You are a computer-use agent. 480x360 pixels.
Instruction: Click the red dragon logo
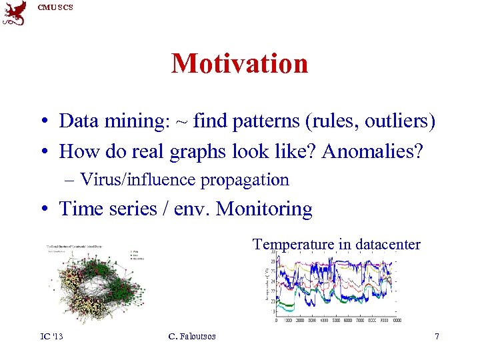pos(15,13)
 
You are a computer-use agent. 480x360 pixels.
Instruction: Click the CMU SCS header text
pos(55,7)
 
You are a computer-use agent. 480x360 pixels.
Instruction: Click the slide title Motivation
pos(239,64)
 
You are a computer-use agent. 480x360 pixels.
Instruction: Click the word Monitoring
pos(265,209)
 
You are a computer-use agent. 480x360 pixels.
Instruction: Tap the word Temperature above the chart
pos(293,245)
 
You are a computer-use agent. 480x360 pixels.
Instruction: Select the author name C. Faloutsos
pos(192,336)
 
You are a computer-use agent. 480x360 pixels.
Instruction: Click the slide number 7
pos(437,336)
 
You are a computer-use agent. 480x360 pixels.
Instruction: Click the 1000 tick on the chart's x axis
pos(289,321)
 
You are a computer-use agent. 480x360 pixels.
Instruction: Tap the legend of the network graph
pos(138,254)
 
